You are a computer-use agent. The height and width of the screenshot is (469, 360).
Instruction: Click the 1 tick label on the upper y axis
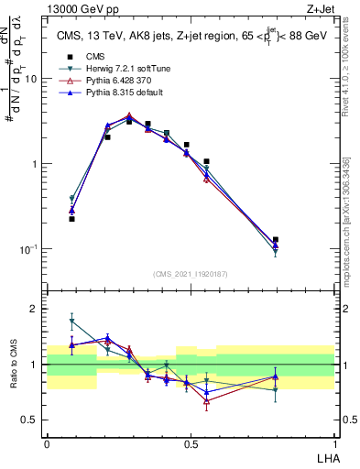coord(37,164)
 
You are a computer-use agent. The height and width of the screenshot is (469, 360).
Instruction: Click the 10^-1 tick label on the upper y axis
coord(32,248)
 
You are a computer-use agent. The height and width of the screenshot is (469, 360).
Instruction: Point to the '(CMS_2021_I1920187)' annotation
coord(191,272)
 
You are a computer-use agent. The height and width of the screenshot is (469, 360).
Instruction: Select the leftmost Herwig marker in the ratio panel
coord(72,321)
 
